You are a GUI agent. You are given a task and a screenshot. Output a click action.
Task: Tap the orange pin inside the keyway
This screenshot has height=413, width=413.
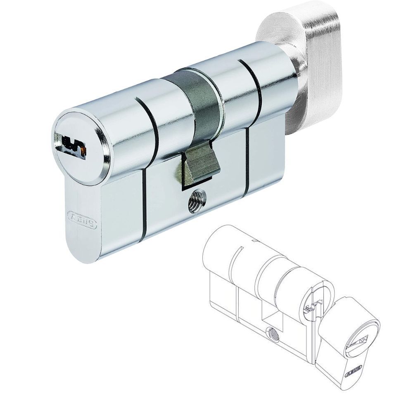tap(83, 151)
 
